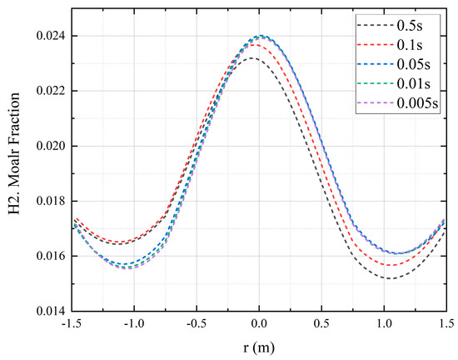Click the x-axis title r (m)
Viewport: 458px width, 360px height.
[x=259, y=347]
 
